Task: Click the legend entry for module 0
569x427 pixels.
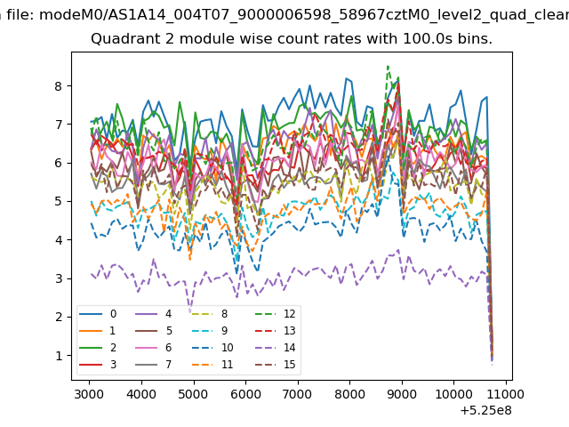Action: coord(98,314)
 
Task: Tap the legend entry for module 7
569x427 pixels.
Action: coord(154,364)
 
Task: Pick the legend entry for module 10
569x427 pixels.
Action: coord(212,348)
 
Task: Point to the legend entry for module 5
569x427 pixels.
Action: coord(154,331)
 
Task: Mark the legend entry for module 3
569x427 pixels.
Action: coord(98,364)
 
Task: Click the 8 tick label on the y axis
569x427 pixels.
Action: coord(59,86)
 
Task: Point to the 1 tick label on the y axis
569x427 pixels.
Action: coord(59,356)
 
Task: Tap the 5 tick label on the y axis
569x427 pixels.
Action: coord(59,201)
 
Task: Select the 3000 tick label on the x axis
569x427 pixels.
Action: coord(89,394)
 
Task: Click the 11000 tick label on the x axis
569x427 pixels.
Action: coord(506,394)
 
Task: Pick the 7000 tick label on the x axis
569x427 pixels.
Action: coord(298,394)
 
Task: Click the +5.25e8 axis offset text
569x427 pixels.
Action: coord(486,411)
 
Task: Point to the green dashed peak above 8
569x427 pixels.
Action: coord(388,67)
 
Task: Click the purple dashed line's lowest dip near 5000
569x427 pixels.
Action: coord(189,310)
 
